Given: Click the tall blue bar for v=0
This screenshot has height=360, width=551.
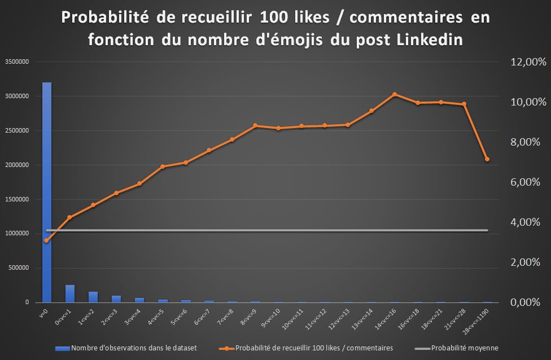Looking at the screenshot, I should [47, 192].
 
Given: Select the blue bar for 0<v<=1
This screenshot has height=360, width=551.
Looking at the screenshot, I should [70, 293].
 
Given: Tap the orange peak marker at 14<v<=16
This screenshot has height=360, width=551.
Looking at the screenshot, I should [395, 94].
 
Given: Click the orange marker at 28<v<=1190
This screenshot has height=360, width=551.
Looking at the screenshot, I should [487, 159].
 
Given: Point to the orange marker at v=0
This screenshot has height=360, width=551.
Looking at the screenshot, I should [47, 240].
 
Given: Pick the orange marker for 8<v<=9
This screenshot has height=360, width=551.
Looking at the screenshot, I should [255, 125].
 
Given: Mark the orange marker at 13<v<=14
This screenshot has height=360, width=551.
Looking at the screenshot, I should [371, 111].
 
